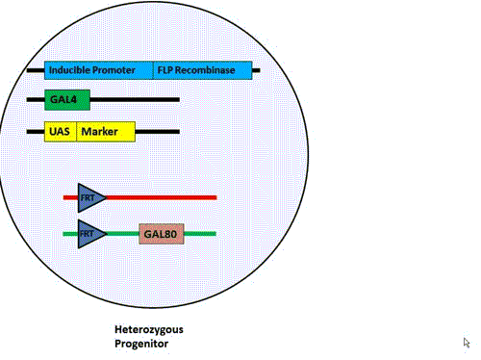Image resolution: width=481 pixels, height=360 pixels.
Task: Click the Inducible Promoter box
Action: (99, 70)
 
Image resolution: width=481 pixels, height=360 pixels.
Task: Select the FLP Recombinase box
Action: (203, 70)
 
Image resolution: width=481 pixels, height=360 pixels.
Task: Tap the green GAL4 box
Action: (67, 100)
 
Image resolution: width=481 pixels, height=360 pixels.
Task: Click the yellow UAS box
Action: (61, 132)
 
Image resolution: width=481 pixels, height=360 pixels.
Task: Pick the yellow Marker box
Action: (106, 132)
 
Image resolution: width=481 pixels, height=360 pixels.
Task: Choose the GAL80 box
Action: (162, 234)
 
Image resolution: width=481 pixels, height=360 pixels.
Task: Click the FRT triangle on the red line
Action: (91, 197)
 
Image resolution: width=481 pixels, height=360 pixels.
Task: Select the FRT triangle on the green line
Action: (91, 234)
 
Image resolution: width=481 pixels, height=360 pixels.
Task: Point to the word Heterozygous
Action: (149, 330)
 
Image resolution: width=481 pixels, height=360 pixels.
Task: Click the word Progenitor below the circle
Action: (141, 344)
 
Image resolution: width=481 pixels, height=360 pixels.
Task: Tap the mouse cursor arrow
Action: (467, 343)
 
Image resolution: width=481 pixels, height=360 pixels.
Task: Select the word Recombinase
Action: (205, 70)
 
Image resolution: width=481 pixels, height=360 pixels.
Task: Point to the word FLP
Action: (165, 70)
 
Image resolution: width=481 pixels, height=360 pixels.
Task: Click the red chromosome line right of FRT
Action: (162, 197)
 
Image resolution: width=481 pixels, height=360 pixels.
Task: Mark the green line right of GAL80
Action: (200, 234)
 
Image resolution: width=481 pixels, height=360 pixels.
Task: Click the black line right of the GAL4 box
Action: (135, 100)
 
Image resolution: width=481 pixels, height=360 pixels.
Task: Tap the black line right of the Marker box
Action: (158, 132)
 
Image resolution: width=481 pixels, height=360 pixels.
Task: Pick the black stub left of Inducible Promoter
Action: (36, 70)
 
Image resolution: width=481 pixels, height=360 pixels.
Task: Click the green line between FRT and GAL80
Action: (123, 234)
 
